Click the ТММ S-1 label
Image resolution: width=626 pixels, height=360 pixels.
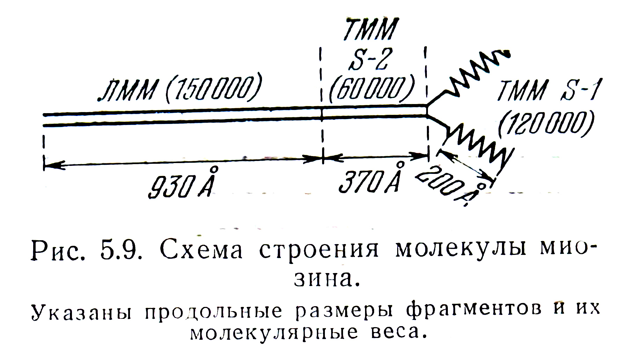[x=547, y=90]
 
